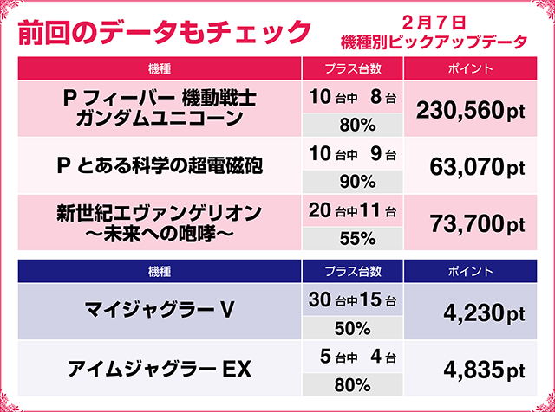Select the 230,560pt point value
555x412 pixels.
[x=471, y=109]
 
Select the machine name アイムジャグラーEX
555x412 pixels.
[x=159, y=370]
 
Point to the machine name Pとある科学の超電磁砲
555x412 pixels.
[x=159, y=165]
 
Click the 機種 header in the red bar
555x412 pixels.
[x=159, y=68]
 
